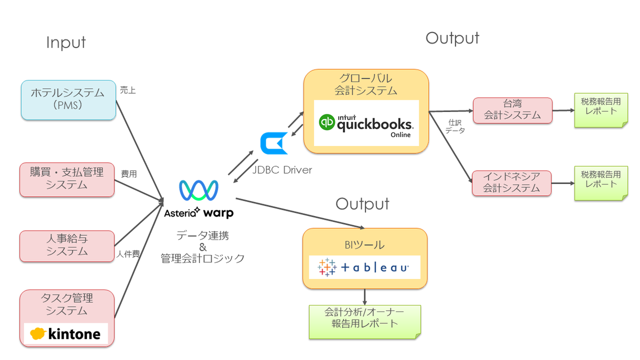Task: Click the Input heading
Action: (66, 43)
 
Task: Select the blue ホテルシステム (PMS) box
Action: (68, 100)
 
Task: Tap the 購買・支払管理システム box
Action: (67, 179)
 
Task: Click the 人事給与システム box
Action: (67, 246)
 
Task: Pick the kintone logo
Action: (66, 334)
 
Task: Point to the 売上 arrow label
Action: (128, 91)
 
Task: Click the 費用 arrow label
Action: (129, 174)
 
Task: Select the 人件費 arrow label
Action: (128, 254)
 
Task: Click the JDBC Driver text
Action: (283, 170)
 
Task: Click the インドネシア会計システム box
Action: (511, 183)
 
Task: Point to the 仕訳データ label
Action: (455, 126)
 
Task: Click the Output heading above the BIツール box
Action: (362, 204)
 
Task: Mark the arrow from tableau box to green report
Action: (365, 297)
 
